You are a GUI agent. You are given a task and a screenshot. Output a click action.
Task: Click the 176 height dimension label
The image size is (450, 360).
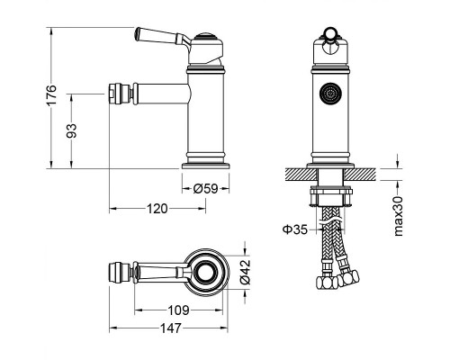pos(51,94)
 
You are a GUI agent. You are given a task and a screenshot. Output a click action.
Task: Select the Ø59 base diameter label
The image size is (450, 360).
pos(205,188)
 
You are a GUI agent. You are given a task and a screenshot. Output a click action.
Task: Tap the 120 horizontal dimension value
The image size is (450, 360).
pos(157,209)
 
